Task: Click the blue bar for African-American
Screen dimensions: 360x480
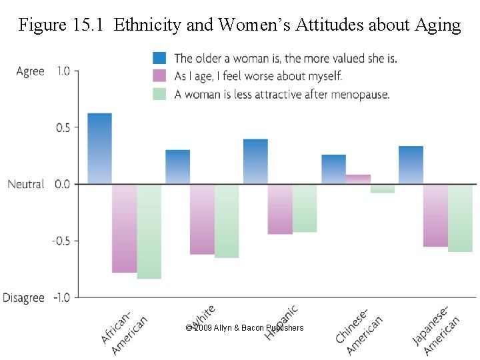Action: [x=99, y=148]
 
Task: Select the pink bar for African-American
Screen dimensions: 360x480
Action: [x=124, y=228]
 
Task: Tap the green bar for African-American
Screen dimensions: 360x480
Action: [x=149, y=231]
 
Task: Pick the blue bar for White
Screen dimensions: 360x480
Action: [x=177, y=167]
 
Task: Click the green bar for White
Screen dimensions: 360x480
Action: [x=227, y=221]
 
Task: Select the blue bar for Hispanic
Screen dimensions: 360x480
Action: [x=255, y=161]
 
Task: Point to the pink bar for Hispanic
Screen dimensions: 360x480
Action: [x=280, y=209]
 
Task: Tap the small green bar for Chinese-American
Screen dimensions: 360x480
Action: [x=383, y=188]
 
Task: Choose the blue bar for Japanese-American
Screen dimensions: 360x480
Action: [x=411, y=165]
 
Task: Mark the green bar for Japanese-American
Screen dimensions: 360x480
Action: [x=460, y=218]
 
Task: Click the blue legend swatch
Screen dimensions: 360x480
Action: [x=159, y=58]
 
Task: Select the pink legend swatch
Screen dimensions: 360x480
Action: [x=159, y=76]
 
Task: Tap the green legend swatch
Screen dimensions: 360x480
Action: [x=159, y=94]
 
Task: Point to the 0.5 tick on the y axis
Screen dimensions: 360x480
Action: [x=62, y=127]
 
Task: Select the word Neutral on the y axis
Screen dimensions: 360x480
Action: [x=26, y=184]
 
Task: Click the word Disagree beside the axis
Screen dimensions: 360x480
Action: [x=23, y=297]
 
